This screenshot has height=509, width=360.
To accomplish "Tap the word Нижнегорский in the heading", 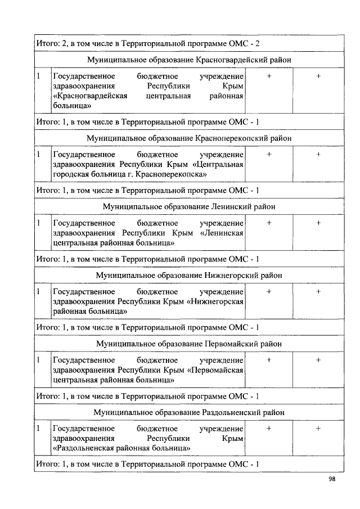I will click(x=229, y=275).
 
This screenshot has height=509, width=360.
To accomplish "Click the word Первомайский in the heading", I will click(x=229, y=344).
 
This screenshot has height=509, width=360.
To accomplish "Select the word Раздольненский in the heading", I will click(x=230, y=412).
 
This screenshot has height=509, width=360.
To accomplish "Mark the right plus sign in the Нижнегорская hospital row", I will click(x=318, y=291).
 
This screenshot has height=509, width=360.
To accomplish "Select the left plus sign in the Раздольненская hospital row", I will click(x=269, y=429).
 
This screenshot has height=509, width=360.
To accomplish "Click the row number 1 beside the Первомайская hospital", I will click(x=38, y=360).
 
